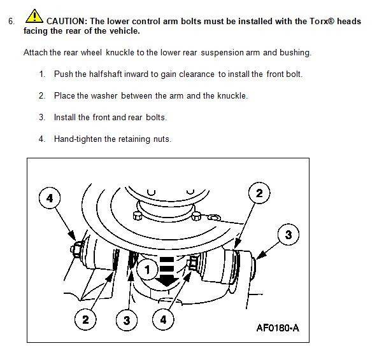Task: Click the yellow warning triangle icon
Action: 34,17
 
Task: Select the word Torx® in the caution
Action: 322,22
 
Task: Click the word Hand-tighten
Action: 78,139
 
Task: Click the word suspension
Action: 222,53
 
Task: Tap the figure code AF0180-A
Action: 278,328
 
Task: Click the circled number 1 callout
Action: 147,270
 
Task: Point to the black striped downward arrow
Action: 167,272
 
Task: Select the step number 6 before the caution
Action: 11,22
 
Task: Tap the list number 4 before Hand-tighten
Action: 42,139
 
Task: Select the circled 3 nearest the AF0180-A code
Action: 288,235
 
